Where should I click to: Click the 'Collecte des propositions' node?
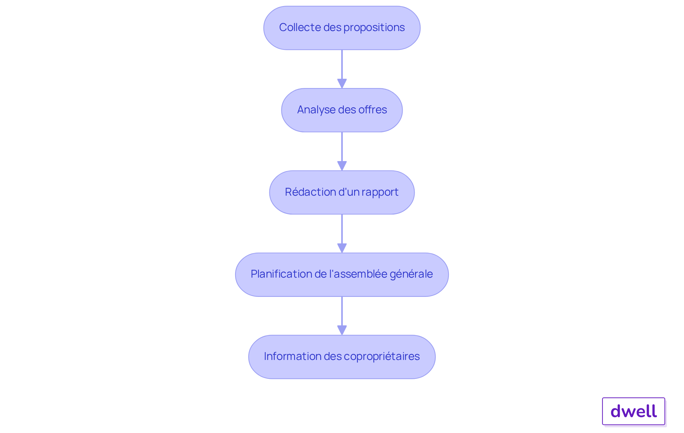click(x=342, y=28)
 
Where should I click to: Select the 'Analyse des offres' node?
click(x=342, y=110)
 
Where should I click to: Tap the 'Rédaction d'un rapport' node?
click(x=342, y=192)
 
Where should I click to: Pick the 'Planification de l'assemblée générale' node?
click(x=342, y=275)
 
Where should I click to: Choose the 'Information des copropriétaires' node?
click(x=342, y=357)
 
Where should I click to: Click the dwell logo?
click(x=634, y=411)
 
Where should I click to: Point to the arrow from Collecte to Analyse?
click(x=342, y=69)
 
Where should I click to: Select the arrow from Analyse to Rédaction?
click(x=342, y=151)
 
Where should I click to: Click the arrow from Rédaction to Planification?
click(x=342, y=233)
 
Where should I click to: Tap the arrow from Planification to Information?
click(x=342, y=316)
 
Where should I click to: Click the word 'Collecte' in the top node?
click(x=300, y=27)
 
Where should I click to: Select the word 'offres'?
click(x=373, y=110)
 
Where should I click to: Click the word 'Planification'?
click(x=281, y=274)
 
